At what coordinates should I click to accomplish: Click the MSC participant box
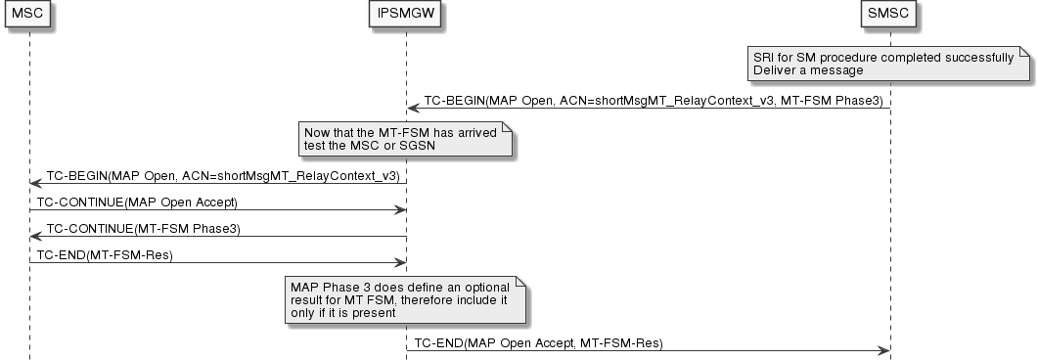click(29, 15)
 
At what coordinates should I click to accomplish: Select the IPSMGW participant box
click(406, 15)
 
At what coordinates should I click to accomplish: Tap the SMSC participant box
click(889, 15)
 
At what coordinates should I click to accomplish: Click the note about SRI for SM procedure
click(886, 64)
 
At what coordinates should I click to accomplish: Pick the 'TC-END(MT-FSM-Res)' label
click(108, 254)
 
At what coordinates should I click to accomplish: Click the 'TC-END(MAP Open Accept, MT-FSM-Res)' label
click(539, 343)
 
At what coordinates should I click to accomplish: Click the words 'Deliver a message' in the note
click(808, 70)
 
